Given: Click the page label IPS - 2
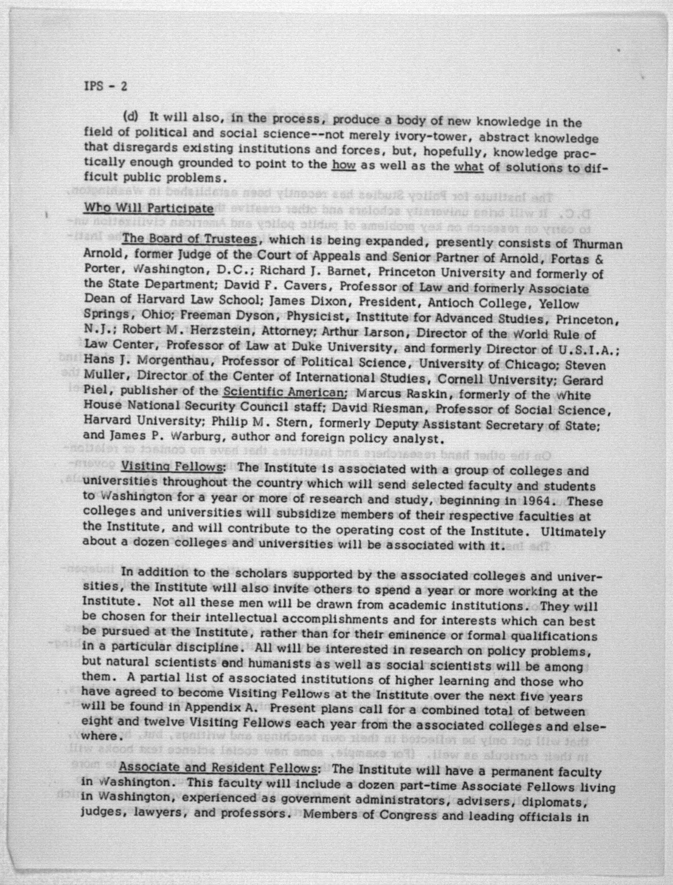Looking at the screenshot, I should tap(106, 86).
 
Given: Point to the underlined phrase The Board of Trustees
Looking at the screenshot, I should tap(189, 239).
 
